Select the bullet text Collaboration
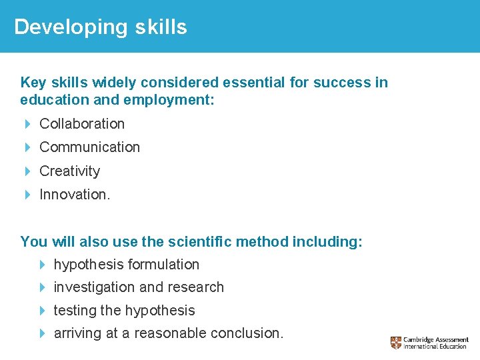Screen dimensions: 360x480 point(82,124)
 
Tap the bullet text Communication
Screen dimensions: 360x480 point(89,147)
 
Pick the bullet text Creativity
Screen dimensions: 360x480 point(69,171)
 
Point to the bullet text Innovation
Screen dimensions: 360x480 point(74,195)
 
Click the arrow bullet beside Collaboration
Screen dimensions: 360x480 point(27,124)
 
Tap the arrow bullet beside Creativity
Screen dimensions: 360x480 point(27,171)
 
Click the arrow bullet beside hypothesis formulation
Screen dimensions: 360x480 point(42,265)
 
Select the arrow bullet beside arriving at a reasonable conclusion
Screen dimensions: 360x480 point(42,333)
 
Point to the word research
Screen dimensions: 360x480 point(199,287)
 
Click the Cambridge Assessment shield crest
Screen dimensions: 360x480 point(396,343)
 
